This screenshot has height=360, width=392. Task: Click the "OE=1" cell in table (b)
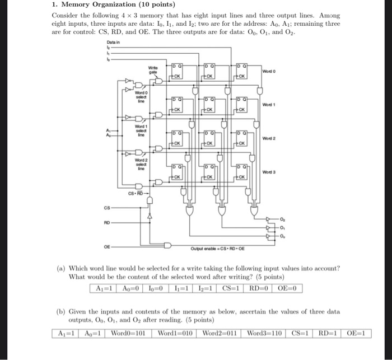click(x=358, y=334)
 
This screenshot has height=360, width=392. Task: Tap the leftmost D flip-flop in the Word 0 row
click(x=175, y=72)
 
